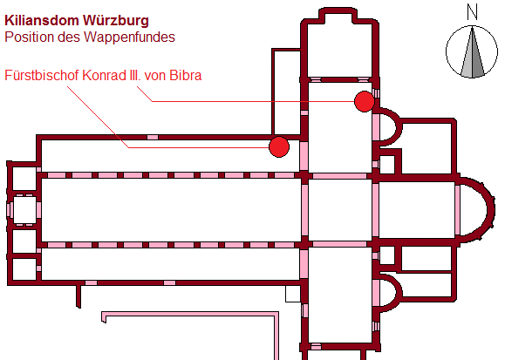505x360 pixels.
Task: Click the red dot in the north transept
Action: pyautogui.click(x=365, y=101)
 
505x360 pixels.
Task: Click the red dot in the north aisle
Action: pyautogui.click(x=279, y=146)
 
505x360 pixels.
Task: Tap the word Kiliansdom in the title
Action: pyautogui.click(x=42, y=21)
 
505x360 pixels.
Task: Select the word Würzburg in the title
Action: pyautogui.click(x=116, y=21)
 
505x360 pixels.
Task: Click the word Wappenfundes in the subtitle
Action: pyautogui.click(x=129, y=37)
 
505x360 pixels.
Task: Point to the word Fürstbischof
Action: pyautogui.click(x=42, y=75)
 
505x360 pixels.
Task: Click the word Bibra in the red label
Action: pyautogui.click(x=185, y=75)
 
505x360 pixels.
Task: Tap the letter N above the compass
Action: pyautogui.click(x=472, y=12)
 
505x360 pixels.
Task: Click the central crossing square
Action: pyautogui.click(x=340, y=210)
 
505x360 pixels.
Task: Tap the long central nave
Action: pyautogui.click(x=171, y=210)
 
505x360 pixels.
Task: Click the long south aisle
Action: pyautogui.click(x=171, y=264)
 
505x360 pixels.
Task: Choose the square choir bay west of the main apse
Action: pyautogui.click(x=417, y=210)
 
